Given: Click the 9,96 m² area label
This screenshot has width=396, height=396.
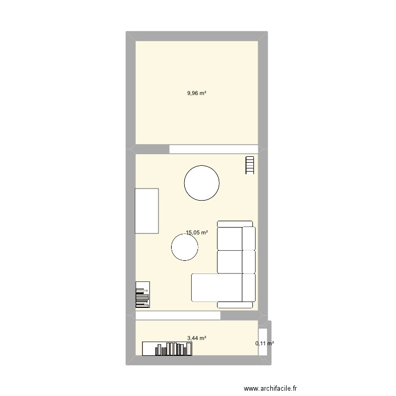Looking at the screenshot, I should (196, 93).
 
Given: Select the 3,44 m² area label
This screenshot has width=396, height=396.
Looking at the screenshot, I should (196, 338).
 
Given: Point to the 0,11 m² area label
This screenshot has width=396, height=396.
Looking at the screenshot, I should (265, 344).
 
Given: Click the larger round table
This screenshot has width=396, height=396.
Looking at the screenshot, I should (201, 183).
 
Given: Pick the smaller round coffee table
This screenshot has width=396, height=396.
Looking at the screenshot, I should (185, 247).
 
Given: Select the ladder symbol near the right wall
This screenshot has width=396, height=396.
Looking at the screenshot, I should (250, 165).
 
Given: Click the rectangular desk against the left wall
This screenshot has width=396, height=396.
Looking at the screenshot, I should (147, 211).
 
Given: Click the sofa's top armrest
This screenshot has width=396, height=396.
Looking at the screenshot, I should (237, 224).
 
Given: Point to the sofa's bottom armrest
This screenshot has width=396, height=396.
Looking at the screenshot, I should (235, 305).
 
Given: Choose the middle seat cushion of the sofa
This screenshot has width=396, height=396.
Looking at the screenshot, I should (230, 261).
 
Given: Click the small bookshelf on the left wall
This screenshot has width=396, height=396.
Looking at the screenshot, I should (143, 295).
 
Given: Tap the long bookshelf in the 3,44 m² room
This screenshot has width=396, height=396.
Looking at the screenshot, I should (167, 348).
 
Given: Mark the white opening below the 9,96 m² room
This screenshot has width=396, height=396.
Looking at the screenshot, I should (214, 149).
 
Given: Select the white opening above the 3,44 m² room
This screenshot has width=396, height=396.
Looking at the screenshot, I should (177, 315).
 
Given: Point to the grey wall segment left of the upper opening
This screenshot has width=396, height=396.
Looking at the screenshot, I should (153, 149).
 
